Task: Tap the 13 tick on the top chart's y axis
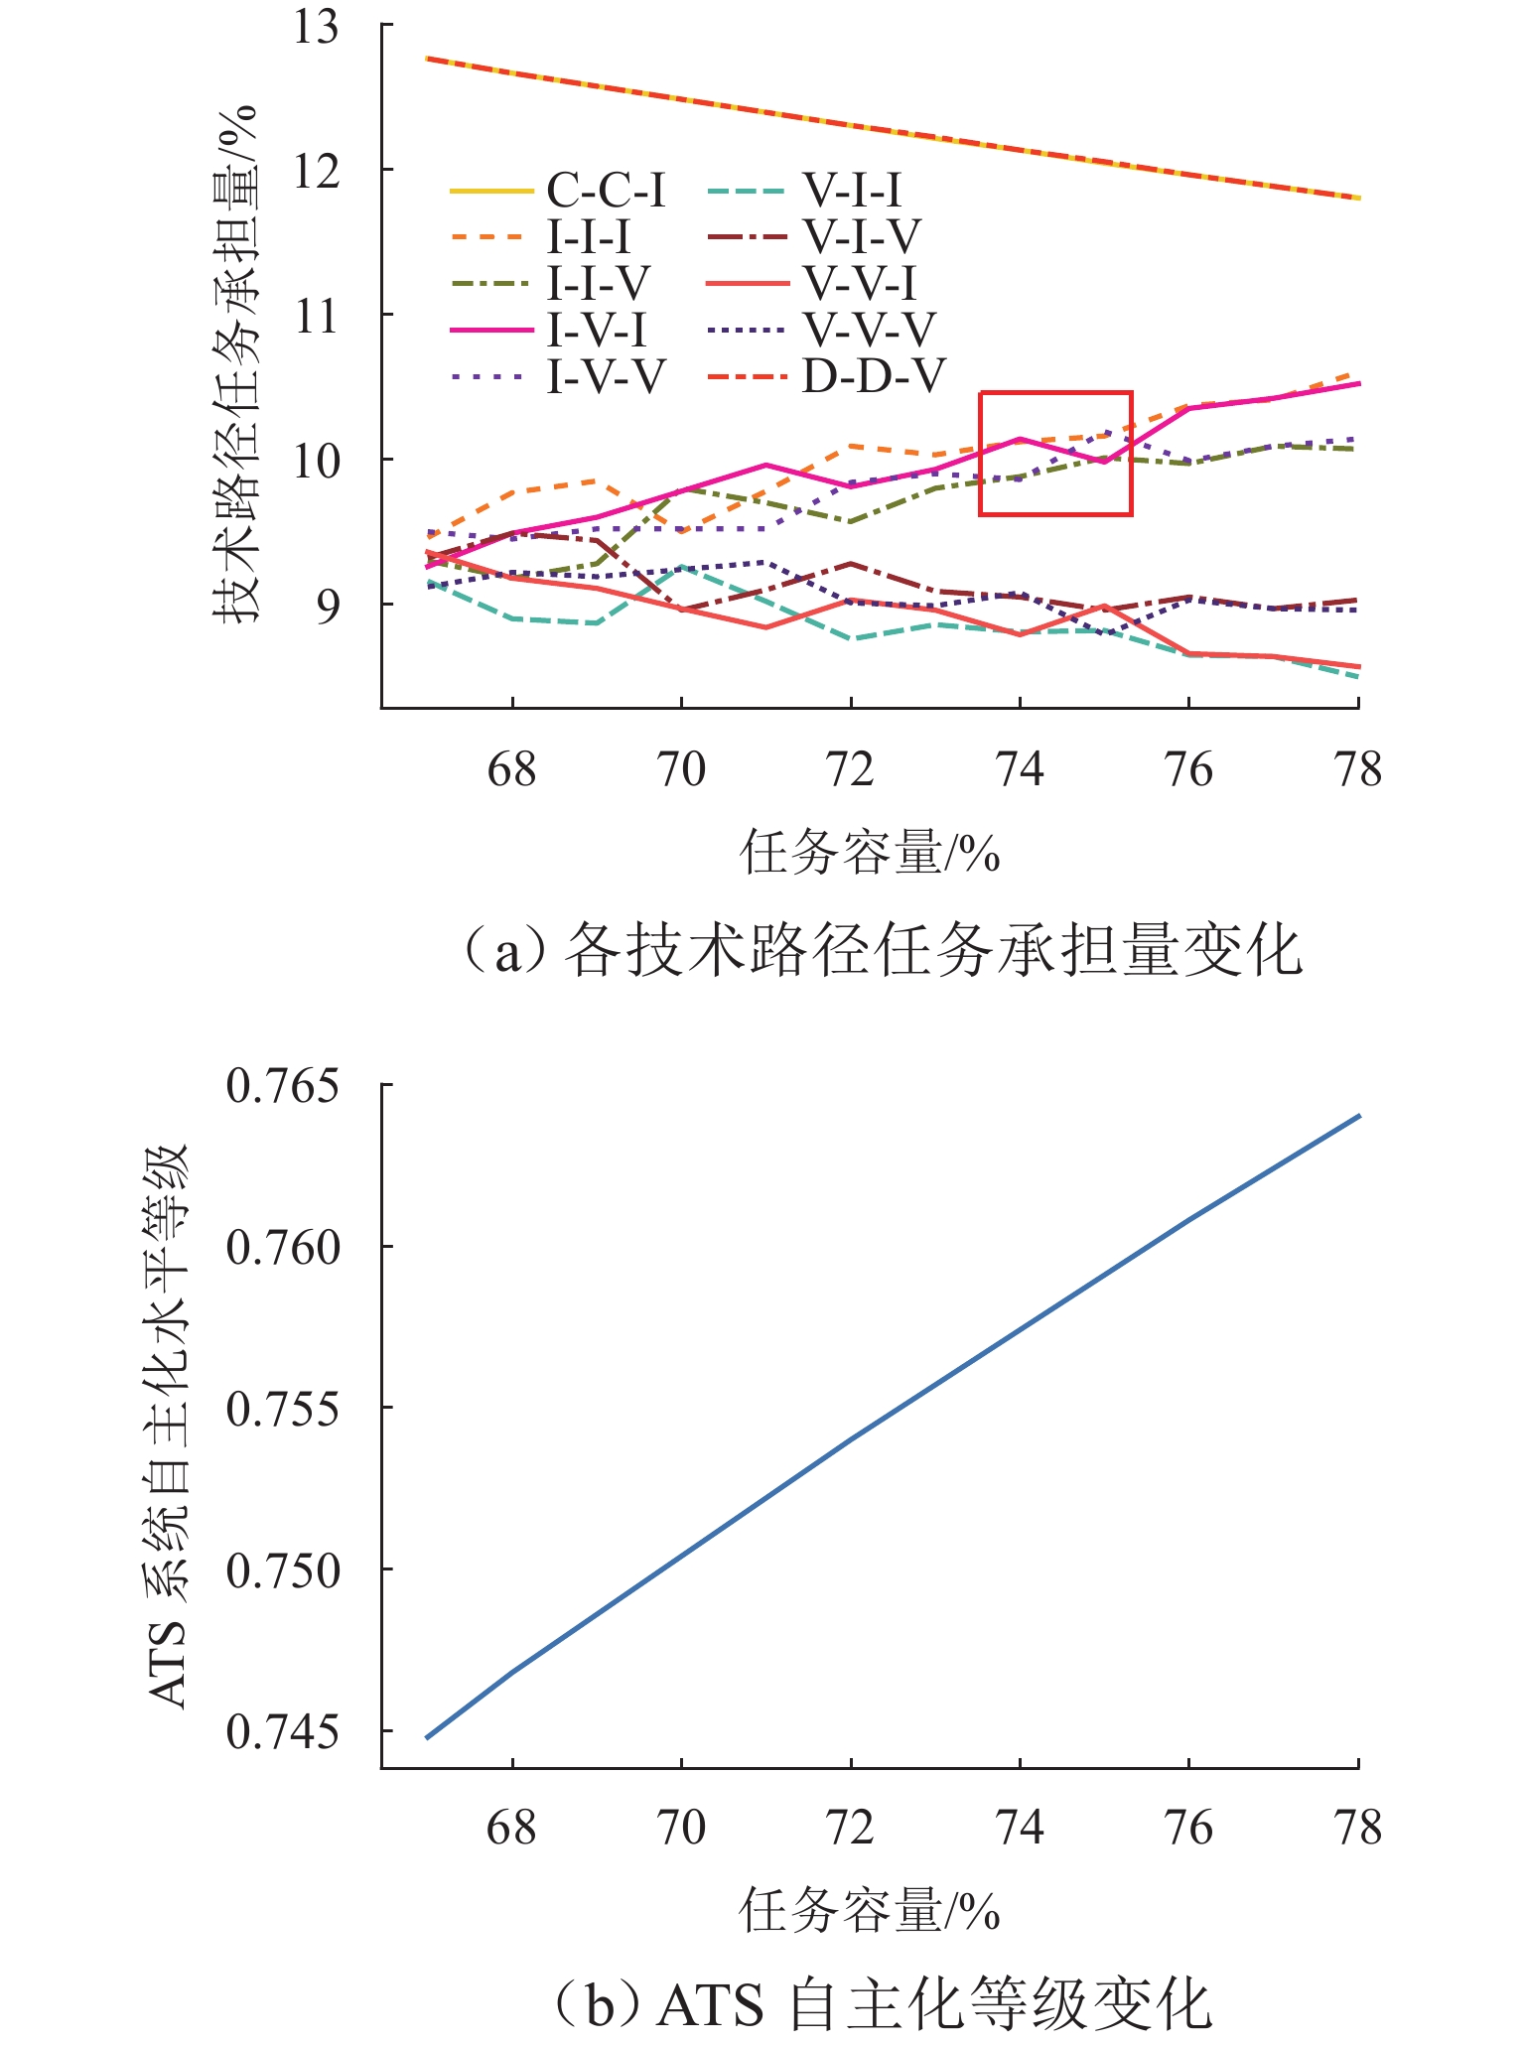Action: tap(316, 27)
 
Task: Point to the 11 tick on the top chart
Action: tap(316, 316)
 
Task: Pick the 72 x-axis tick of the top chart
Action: tap(851, 769)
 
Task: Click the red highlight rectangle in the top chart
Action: tap(1055, 454)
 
